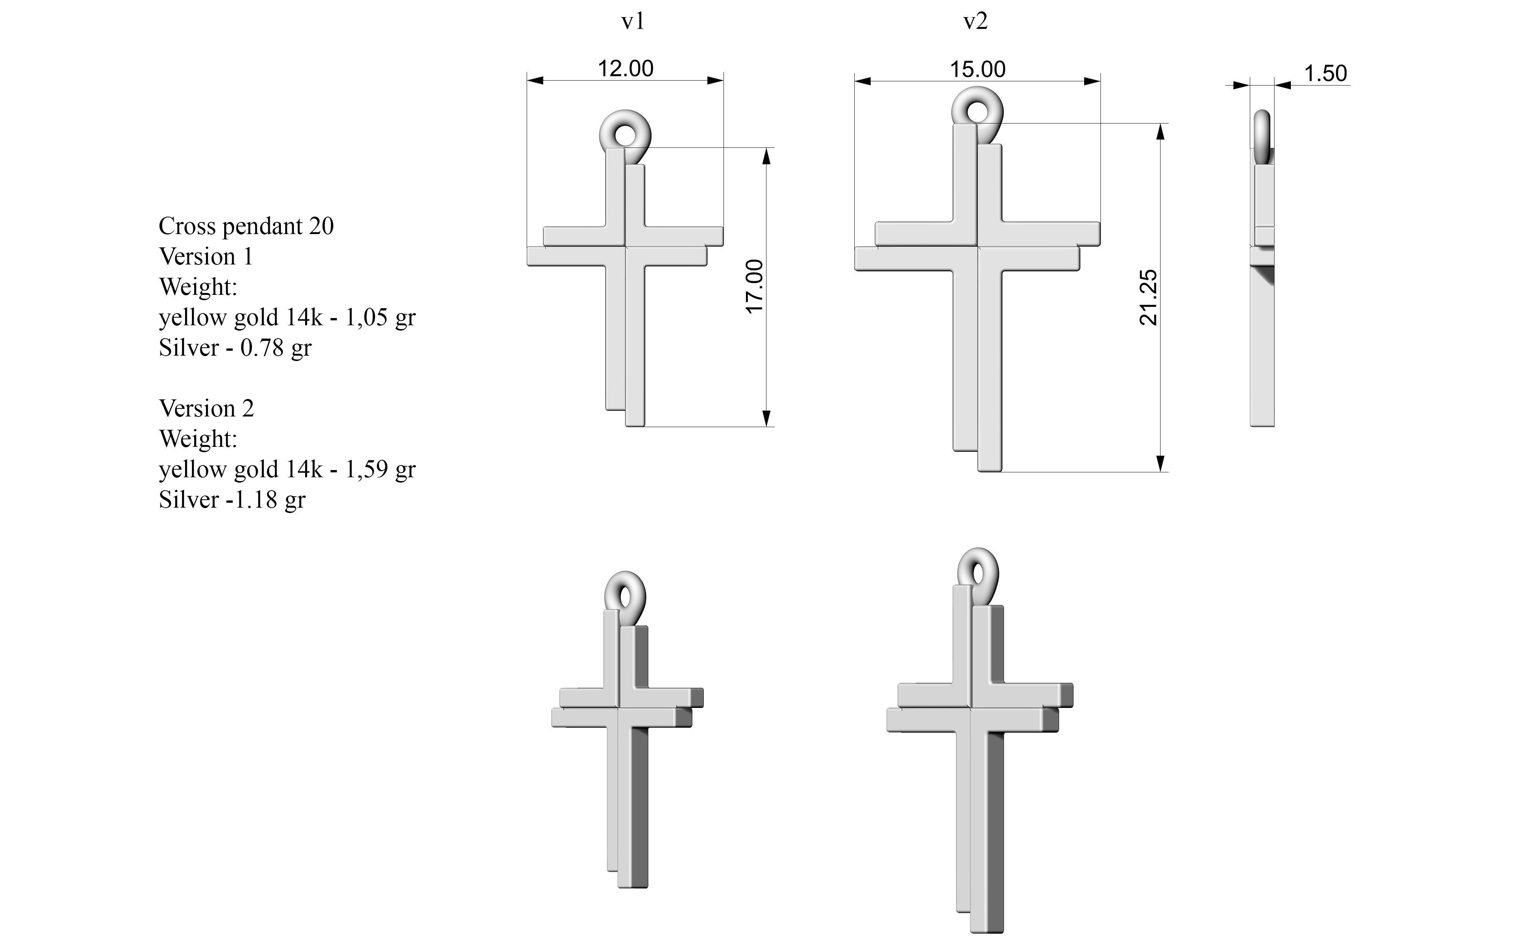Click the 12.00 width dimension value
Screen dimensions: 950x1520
pyautogui.click(x=625, y=68)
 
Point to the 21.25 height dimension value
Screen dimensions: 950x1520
pyautogui.click(x=1148, y=297)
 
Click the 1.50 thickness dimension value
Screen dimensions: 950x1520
pyautogui.click(x=1325, y=73)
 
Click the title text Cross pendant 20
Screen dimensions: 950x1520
pyautogui.click(x=246, y=226)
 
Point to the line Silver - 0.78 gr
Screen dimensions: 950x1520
pyautogui.click(x=235, y=347)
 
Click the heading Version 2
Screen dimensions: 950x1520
pyautogui.click(x=207, y=408)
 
